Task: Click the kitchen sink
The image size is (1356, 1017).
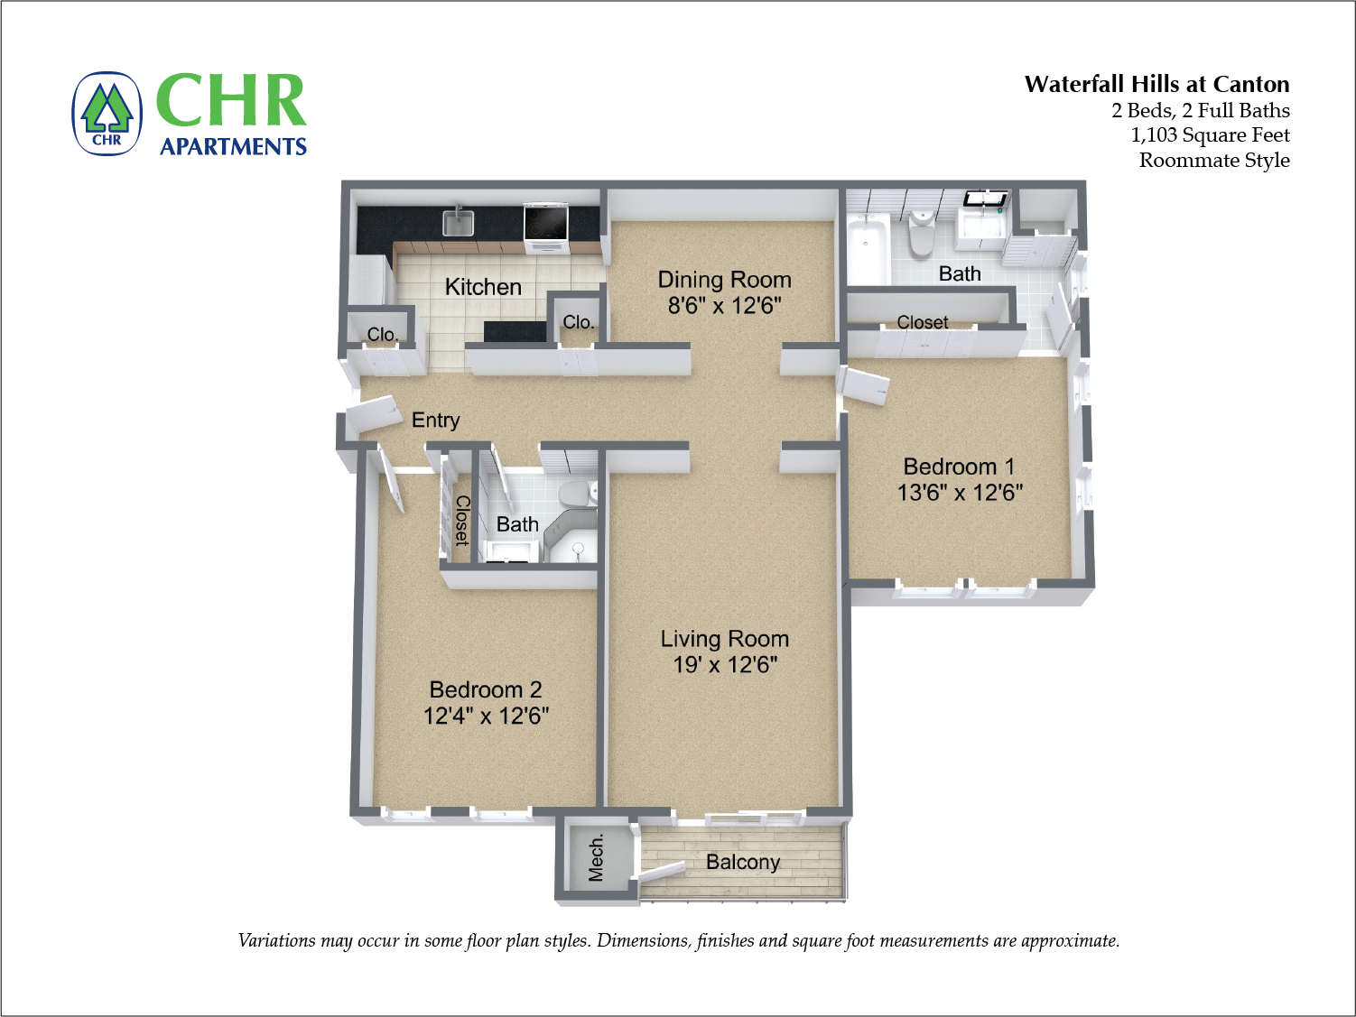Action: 458,221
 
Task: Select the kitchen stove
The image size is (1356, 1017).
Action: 545,223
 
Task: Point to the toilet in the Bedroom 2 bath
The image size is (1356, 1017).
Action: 575,494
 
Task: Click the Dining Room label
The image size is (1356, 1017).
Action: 724,280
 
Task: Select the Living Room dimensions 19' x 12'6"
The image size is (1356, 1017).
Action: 724,665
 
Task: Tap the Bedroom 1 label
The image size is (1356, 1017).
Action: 959,467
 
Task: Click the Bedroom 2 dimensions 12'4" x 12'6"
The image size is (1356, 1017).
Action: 486,716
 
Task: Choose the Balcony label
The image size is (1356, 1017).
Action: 742,862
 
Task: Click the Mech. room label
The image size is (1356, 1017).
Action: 596,857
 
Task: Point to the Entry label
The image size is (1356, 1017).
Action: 435,421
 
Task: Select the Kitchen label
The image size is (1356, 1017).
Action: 483,287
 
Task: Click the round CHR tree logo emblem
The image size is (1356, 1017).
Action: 107,114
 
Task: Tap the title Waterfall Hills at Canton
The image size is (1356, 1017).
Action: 1156,84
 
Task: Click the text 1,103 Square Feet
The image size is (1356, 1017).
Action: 1210,135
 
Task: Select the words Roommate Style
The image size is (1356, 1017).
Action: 1213,161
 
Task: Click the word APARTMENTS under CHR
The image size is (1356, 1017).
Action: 233,146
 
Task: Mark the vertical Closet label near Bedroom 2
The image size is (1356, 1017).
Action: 461,521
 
